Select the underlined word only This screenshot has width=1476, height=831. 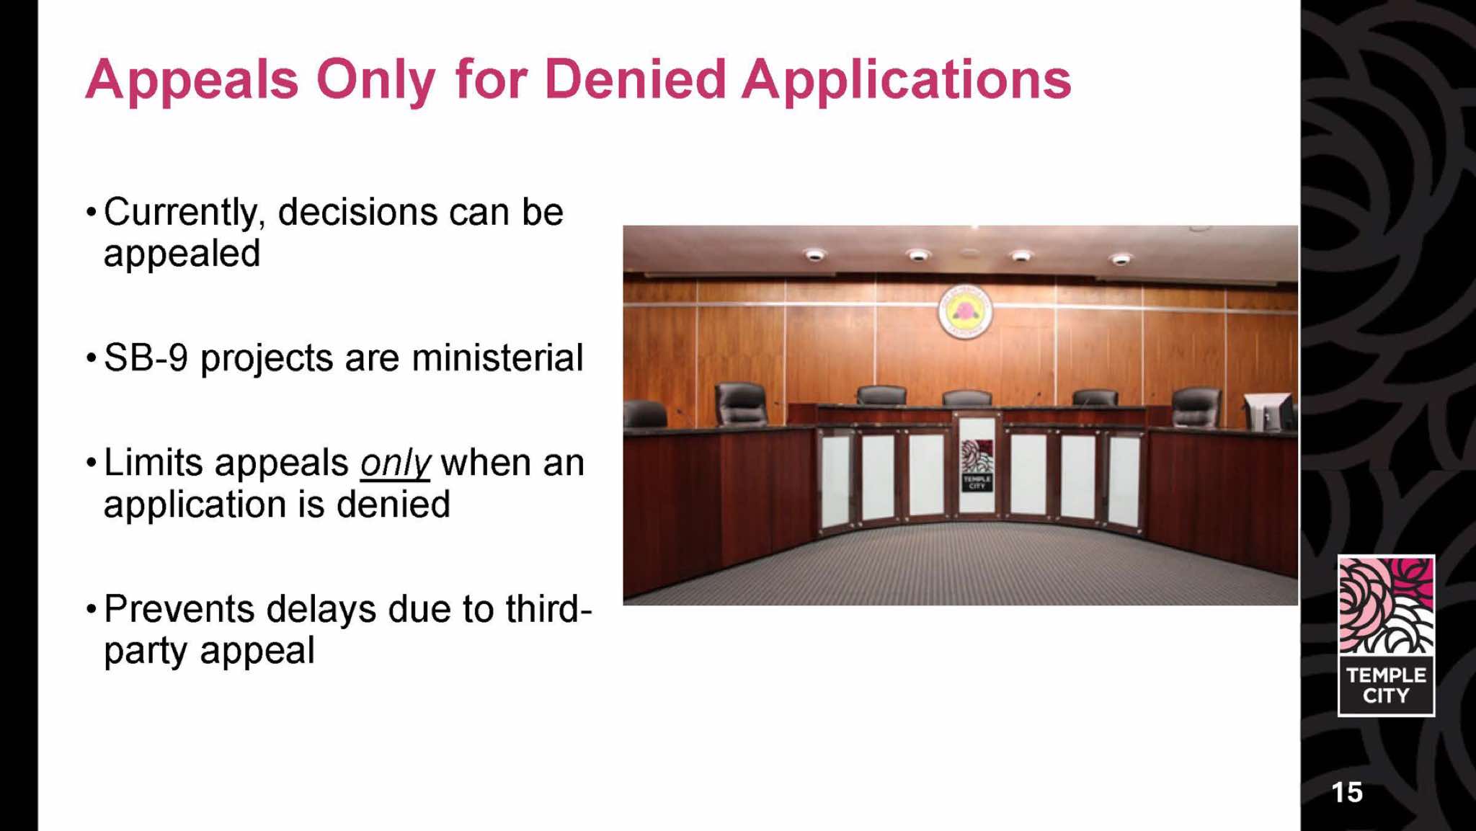click(x=395, y=464)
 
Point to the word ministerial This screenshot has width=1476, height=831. click(x=497, y=357)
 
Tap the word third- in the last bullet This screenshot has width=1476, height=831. click(x=548, y=609)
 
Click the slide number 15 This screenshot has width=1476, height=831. click(x=1347, y=792)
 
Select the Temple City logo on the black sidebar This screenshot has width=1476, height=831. click(x=1386, y=636)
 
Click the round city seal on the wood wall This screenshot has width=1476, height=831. click(x=965, y=312)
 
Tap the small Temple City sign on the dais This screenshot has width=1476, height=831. click(x=977, y=466)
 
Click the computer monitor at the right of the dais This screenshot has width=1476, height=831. click(x=1268, y=412)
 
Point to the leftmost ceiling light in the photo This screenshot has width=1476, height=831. click(x=814, y=254)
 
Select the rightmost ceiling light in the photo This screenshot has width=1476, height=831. click(x=1121, y=259)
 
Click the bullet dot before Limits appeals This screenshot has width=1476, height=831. click(x=91, y=463)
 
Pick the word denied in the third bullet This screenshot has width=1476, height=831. click(x=394, y=505)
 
